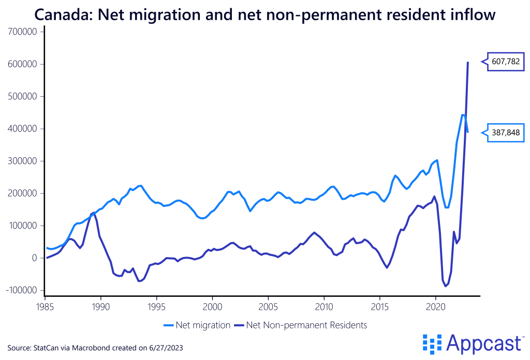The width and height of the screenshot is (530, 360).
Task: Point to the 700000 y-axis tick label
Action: (23, 32)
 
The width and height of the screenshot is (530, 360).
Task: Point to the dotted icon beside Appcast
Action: (432, 343)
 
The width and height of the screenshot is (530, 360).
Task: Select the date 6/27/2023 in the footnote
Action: (166, 347)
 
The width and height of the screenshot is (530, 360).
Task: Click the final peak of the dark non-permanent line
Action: (468, 63)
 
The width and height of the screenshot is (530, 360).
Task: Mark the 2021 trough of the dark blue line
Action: (445, 286)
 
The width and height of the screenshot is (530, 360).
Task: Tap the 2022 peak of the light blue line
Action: (462, 115)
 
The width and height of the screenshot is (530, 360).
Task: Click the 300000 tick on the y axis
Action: (23, 161)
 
